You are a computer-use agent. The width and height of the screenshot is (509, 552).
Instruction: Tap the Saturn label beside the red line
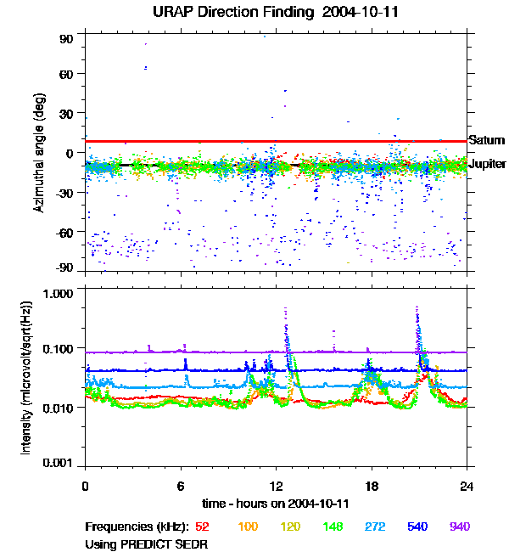(x=486, y=141)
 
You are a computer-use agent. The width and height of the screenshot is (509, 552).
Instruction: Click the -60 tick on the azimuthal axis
(x=65, y=231)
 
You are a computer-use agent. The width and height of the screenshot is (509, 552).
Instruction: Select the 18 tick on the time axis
(x=372, y=486)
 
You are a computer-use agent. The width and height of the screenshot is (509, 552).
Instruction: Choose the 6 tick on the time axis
(x=181, y=486)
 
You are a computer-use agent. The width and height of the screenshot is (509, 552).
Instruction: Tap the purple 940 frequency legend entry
(x=459, y=527)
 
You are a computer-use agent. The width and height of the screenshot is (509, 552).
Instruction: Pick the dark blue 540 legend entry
(x=417, y=527)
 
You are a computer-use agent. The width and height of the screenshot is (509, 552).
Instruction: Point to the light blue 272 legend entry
(x=374, y=527)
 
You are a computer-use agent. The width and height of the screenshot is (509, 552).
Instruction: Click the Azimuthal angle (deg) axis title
(x=38, y=152)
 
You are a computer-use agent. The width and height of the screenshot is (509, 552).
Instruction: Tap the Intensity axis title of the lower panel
(x=26, y=380)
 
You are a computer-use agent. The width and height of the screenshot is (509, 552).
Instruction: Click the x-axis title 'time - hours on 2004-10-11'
(x=276, y=504)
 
